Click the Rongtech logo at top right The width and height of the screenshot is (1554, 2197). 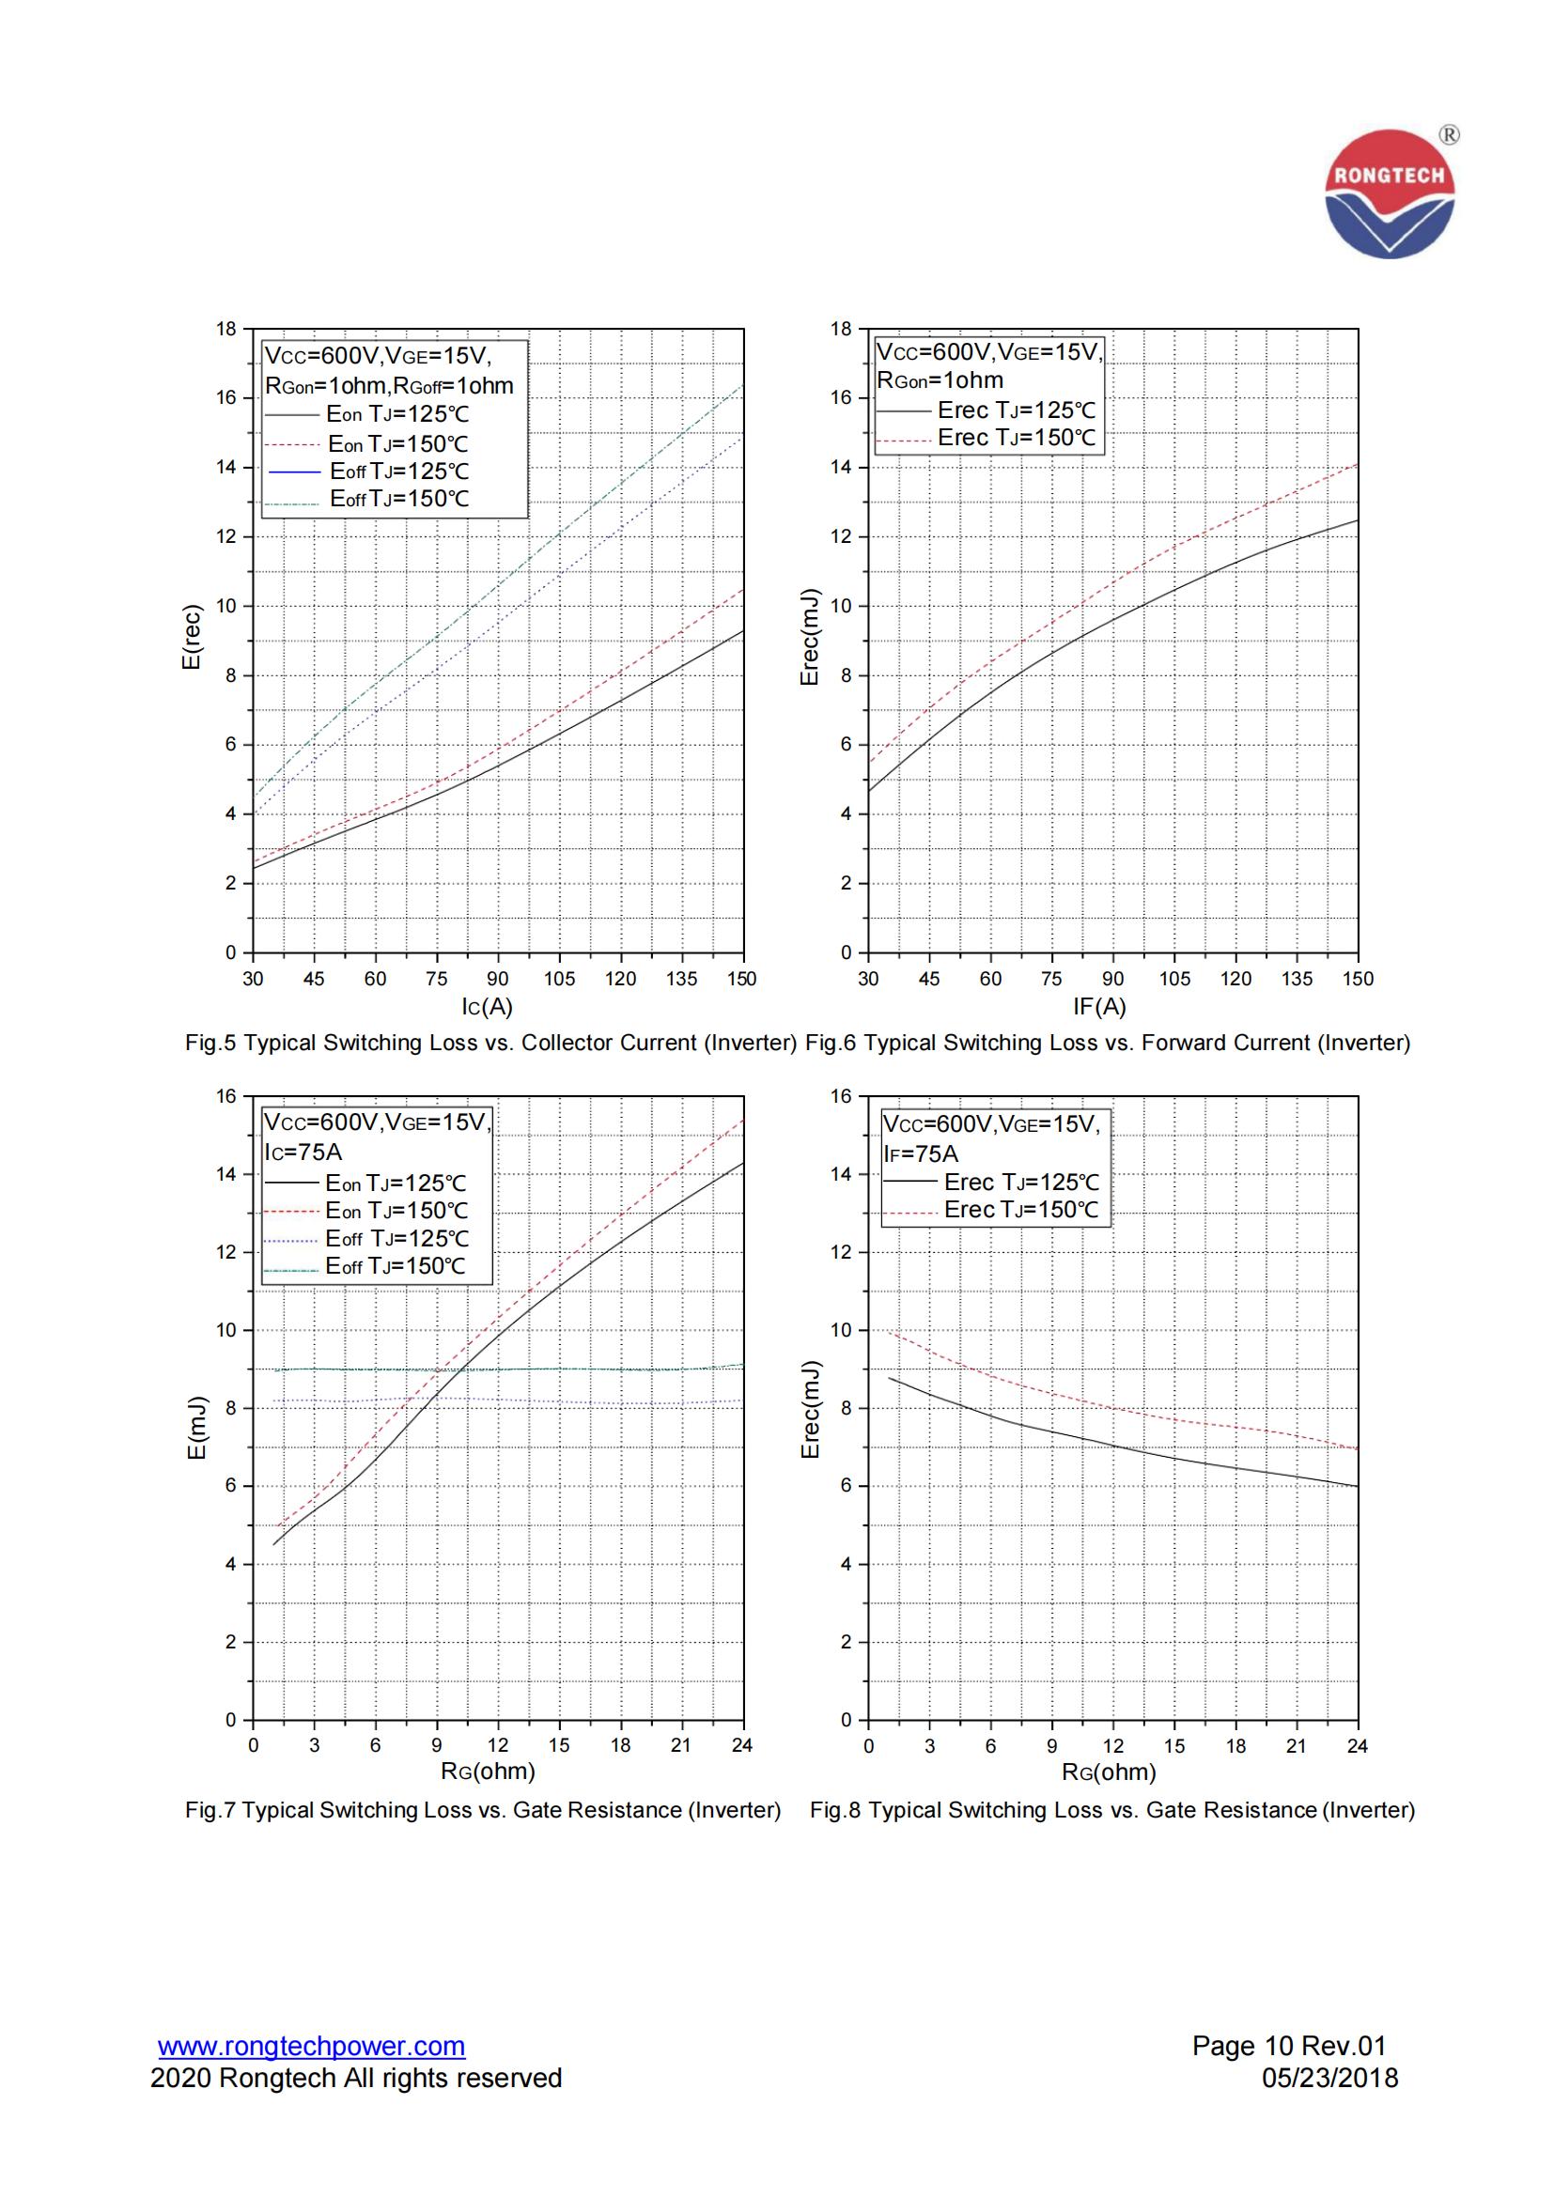click(1390, 194)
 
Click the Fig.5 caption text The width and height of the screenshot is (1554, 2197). click(490, 1043)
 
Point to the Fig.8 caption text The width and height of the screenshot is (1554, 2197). click(1111, 1810)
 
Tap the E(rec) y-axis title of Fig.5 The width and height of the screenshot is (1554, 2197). click(193, 637)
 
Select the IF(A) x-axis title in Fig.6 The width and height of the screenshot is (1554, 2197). click(1099, 1007)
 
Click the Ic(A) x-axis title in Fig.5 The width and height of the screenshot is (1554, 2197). click(487, 1007)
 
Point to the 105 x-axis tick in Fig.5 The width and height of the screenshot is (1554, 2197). click(560, 979)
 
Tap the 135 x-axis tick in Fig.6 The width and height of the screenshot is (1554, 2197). click(1297, 979)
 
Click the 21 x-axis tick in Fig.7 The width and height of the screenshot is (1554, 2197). click(680, 1745)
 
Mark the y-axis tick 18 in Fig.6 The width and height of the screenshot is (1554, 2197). click(840, 329)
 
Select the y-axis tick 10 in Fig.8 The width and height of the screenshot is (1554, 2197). click(840, 1330)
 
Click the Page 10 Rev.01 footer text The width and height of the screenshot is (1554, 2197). click(1288, 2046)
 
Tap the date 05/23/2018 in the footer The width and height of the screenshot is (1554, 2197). click(1330, 2079)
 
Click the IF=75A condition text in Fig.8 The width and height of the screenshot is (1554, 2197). click(921, 1154)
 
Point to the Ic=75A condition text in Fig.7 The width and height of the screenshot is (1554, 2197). click(303, 1153)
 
